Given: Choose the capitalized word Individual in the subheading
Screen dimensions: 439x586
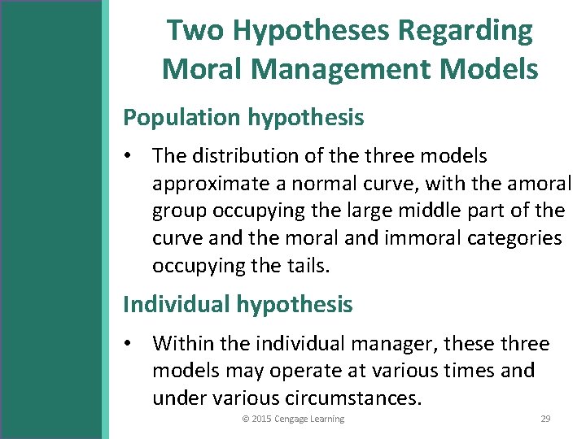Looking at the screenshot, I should click(x=177, y=305).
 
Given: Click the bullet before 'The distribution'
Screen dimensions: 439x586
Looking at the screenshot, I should click(x=130, y=155).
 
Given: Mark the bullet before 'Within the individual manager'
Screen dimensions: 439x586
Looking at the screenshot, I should click(x=130, y=344).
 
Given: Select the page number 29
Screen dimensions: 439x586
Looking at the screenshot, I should click(x=545, y=419).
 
